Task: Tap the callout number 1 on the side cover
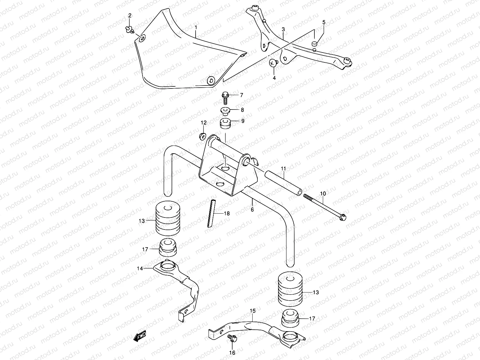[x=196, y=28]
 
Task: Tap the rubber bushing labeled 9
[x=226, y=123]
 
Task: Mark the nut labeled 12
[x=202, y=136]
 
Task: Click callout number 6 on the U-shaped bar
[x=252, y=209]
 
